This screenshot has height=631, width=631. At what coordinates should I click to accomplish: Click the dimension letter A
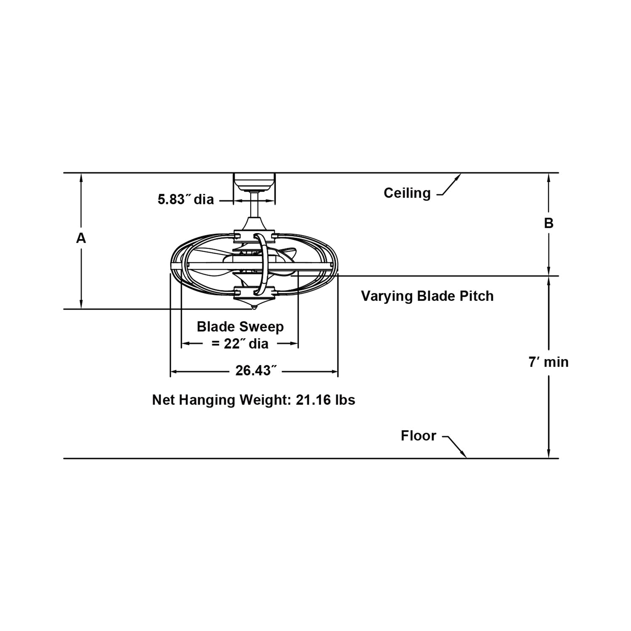coord(81,238)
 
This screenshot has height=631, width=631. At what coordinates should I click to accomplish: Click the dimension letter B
coord(549,223)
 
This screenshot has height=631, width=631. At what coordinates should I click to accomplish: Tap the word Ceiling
coord(407,193)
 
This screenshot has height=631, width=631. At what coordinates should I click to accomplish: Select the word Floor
coord(419,435)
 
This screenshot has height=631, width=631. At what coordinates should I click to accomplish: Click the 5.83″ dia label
coord(186,199)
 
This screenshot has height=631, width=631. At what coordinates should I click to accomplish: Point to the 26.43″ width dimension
coord(256,371)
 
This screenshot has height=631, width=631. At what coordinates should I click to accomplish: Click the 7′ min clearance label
coord(549,362)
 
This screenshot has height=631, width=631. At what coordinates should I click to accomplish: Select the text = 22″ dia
coord(240,344)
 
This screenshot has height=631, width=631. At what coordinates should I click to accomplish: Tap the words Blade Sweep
coord(240,326)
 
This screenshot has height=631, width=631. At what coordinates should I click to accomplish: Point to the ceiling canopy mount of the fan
coord(255,182)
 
